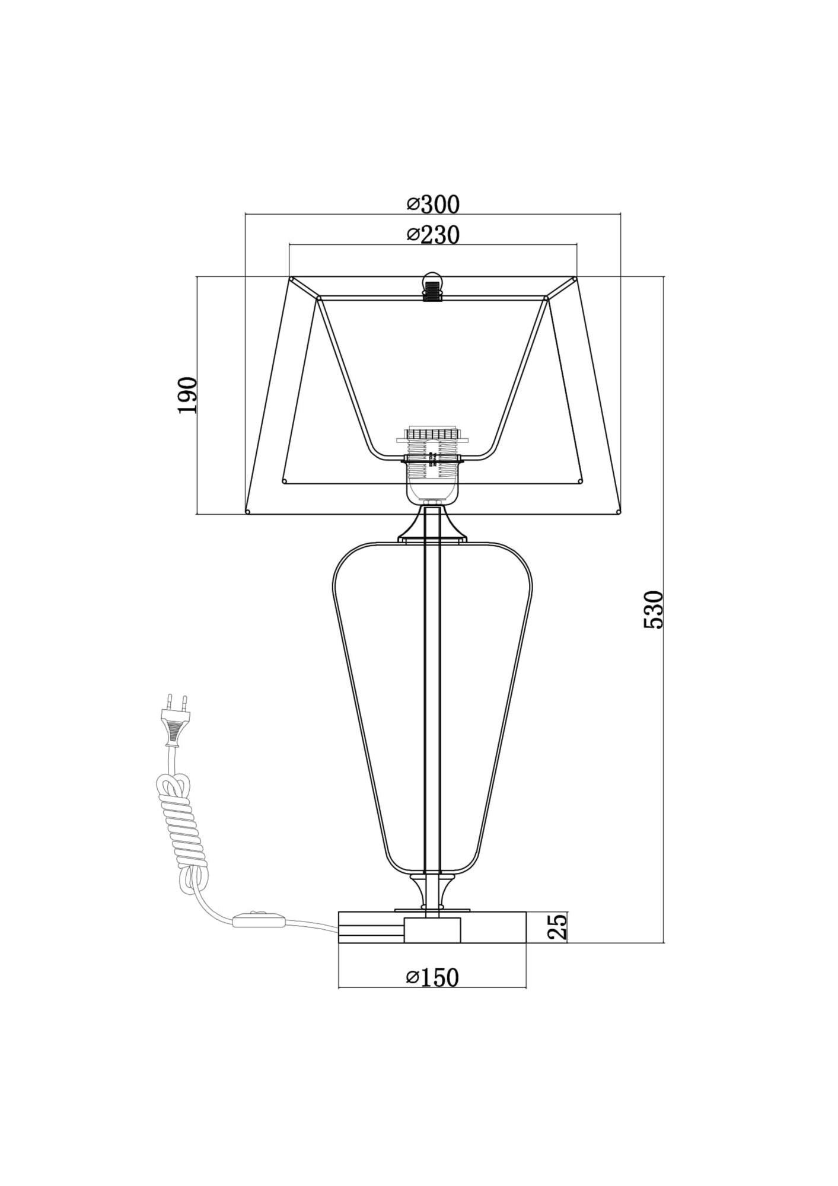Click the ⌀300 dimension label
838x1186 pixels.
click(433, 204)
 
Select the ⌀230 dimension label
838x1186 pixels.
click(433, 235)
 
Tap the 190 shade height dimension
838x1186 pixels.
click(187, 395)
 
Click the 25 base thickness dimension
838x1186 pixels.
click(557, 942)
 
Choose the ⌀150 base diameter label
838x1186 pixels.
click(433, 977)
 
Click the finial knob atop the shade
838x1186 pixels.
click(433, 286)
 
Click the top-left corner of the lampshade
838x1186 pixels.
click(291, 278)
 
